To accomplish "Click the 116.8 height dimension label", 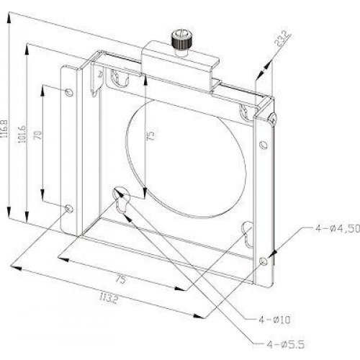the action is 4,129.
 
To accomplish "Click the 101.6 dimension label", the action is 23,134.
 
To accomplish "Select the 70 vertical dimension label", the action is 38,135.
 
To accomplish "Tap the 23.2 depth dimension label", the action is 282,40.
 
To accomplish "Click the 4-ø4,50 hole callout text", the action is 338,228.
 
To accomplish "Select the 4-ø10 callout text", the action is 274,320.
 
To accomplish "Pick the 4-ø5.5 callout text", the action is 286,345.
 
